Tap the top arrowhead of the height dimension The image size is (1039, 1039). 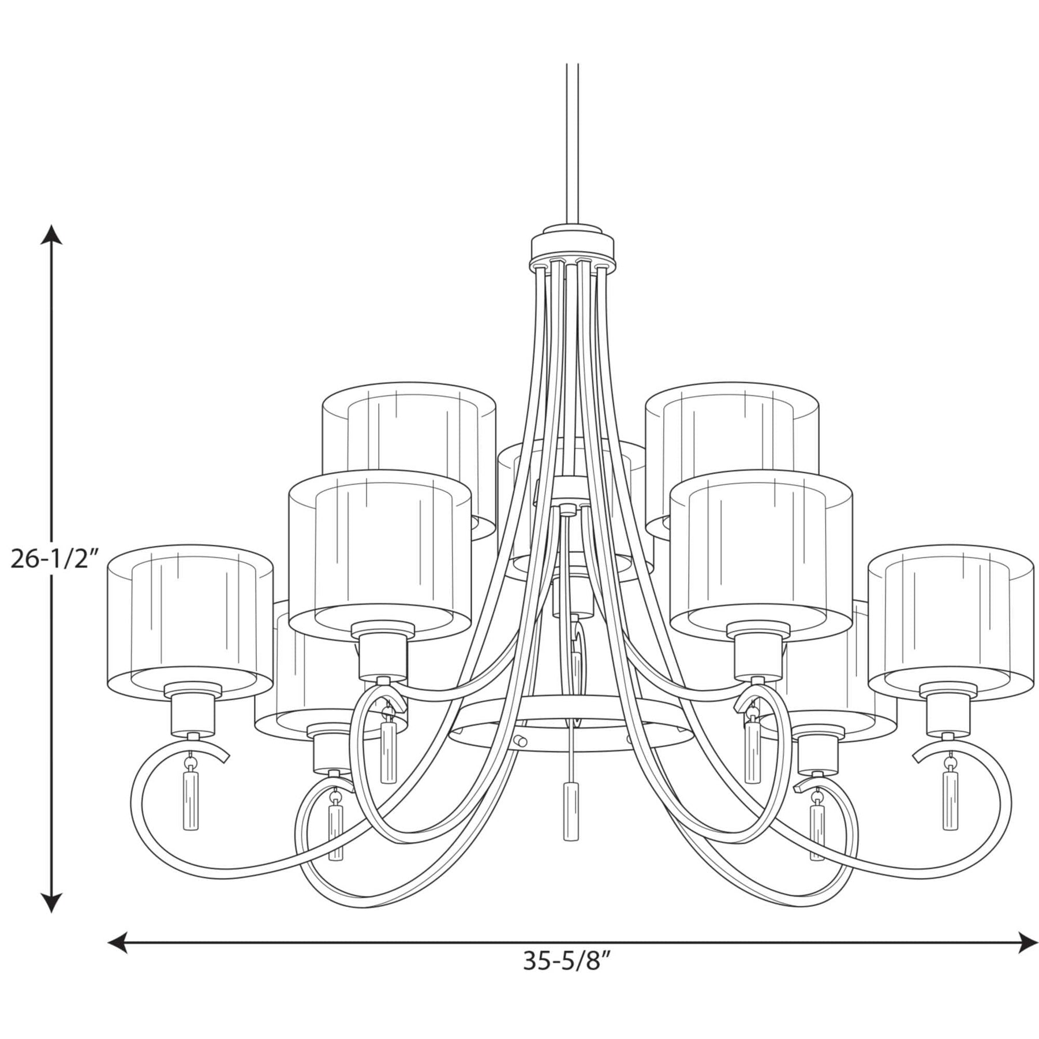point(52,235)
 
